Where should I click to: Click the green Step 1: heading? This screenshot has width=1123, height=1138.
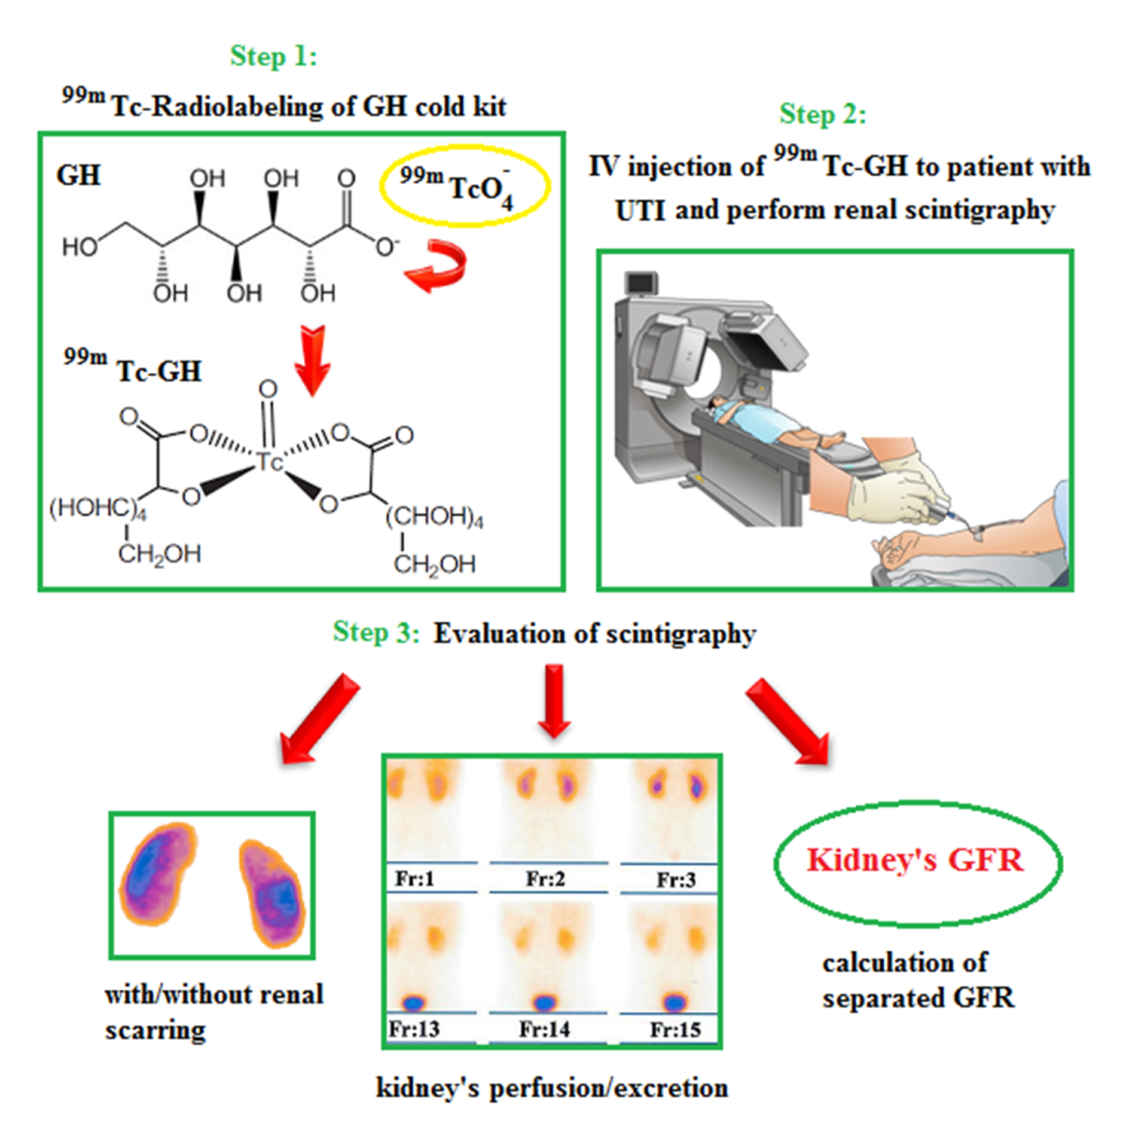pos(273,57)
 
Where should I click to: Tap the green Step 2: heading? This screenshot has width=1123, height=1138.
pos(822,114)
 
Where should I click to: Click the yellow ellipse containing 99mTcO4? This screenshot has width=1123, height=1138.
pos(465,185)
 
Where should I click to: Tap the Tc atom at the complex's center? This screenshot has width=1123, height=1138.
pos(268,462)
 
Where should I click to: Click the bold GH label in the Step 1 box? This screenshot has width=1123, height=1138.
pos(78,176)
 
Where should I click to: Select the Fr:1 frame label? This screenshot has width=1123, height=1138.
pos(414,878)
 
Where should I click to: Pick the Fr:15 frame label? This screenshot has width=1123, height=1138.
pos(675,1029)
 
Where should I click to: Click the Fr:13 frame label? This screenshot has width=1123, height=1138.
pos(414,1029)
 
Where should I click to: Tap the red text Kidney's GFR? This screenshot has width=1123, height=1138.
pos(915,860)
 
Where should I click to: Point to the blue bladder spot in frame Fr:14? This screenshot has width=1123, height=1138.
pos(544,1002)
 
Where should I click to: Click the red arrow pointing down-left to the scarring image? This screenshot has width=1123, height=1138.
pos(318,720)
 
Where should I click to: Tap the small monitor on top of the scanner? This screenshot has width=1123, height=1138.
pos(642,282)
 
